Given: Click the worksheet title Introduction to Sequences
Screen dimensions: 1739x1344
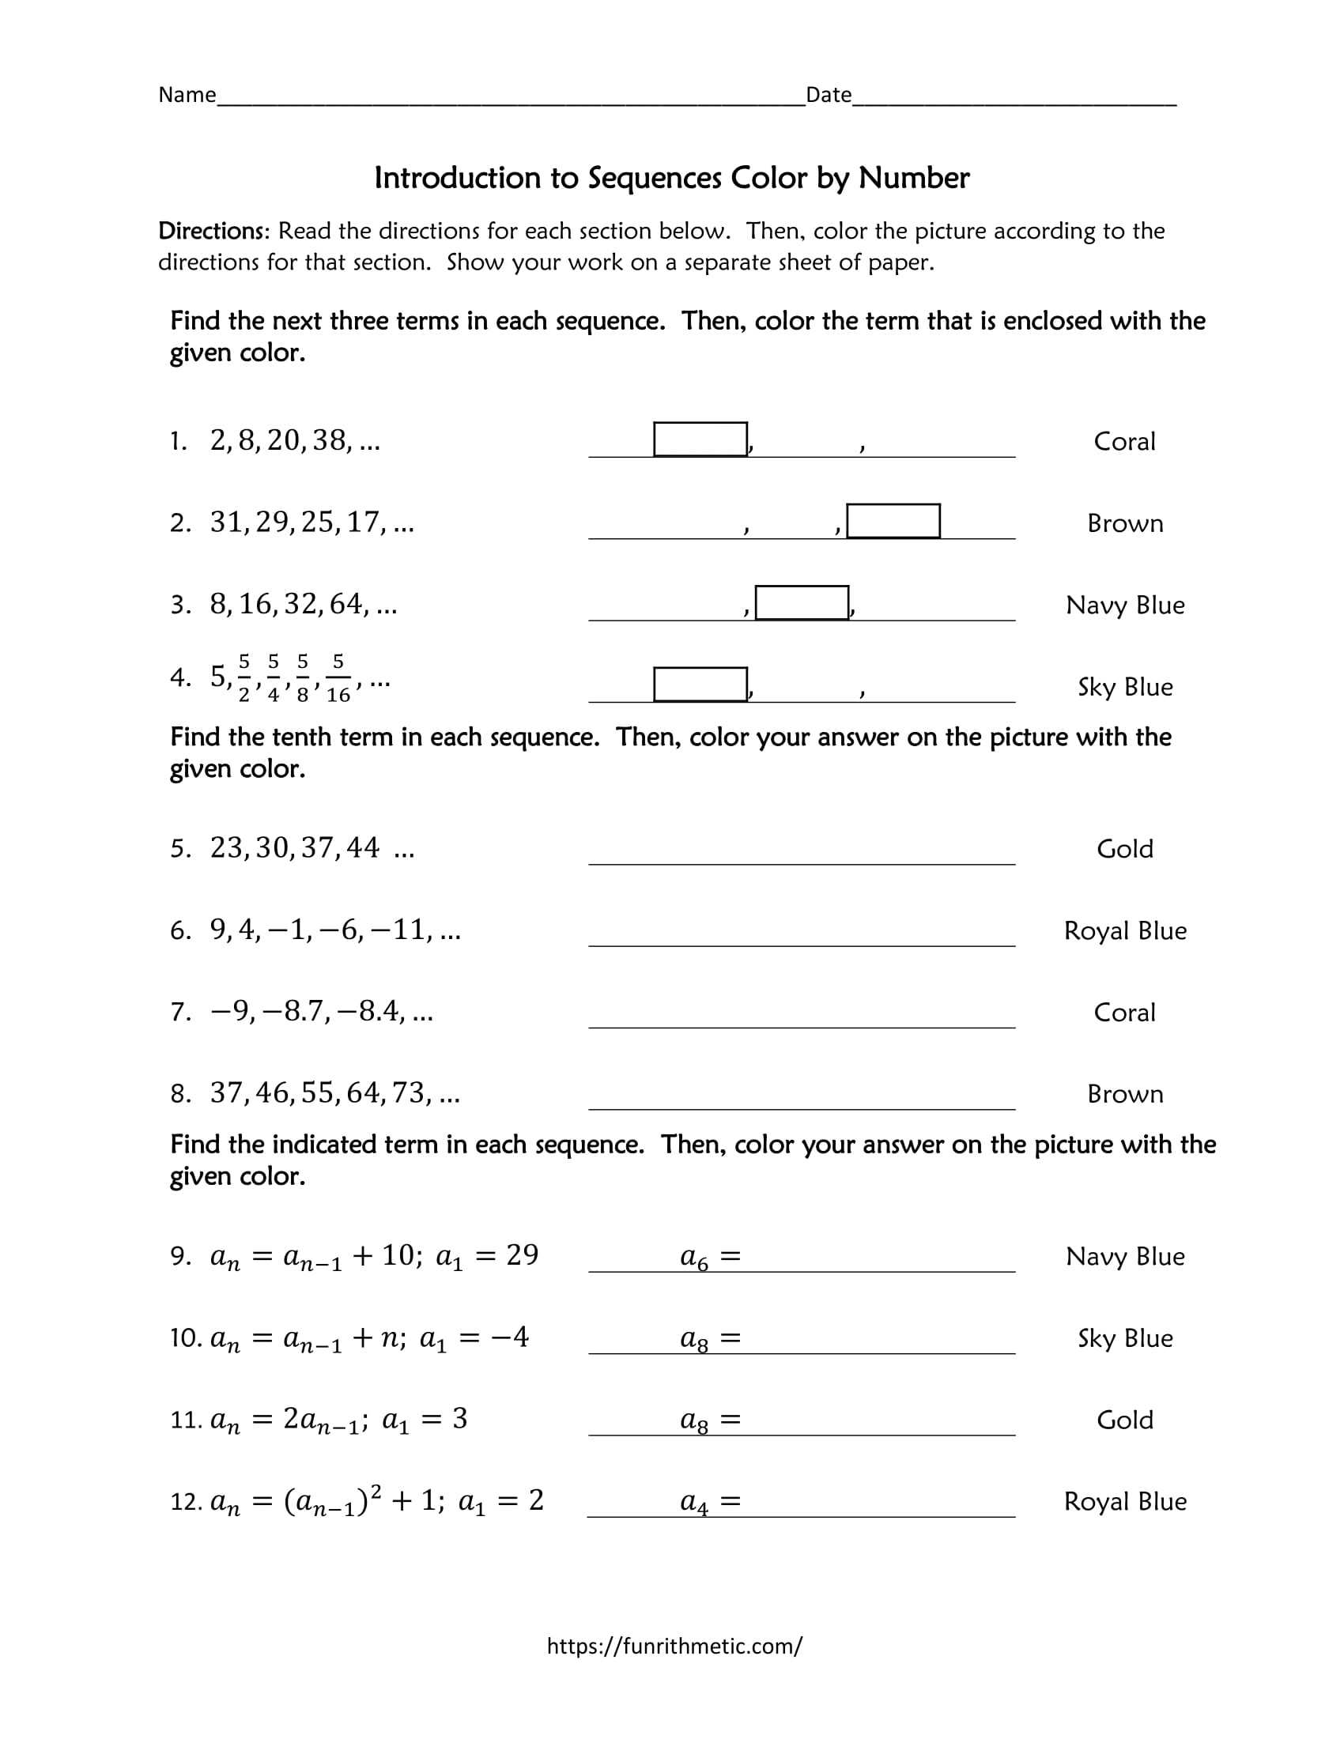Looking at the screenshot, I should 671,179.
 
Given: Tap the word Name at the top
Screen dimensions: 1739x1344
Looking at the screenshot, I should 187,96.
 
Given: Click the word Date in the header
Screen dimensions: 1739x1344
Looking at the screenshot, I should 828,96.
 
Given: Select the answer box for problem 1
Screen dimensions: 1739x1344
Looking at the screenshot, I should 700,439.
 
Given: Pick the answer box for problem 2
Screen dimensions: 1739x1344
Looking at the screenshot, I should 893,521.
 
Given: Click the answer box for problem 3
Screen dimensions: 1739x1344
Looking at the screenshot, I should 801,603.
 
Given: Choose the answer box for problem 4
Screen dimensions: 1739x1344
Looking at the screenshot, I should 700,684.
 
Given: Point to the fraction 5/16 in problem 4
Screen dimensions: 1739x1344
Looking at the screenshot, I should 338,678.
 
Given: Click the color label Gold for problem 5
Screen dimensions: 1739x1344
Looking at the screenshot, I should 1124,849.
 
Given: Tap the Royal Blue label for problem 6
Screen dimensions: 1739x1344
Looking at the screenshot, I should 1124,931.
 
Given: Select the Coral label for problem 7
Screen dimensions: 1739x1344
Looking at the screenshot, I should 1124,1013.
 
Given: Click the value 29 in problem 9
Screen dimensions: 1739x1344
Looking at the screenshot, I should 523,1256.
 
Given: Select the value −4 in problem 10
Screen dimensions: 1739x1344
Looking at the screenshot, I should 510,1337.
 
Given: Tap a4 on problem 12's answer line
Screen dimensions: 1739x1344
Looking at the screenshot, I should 693,1503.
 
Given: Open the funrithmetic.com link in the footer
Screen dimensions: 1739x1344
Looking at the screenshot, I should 674,1646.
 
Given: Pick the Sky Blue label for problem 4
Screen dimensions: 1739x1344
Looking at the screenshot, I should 1124,687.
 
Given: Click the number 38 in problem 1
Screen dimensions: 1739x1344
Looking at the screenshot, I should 330,440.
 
